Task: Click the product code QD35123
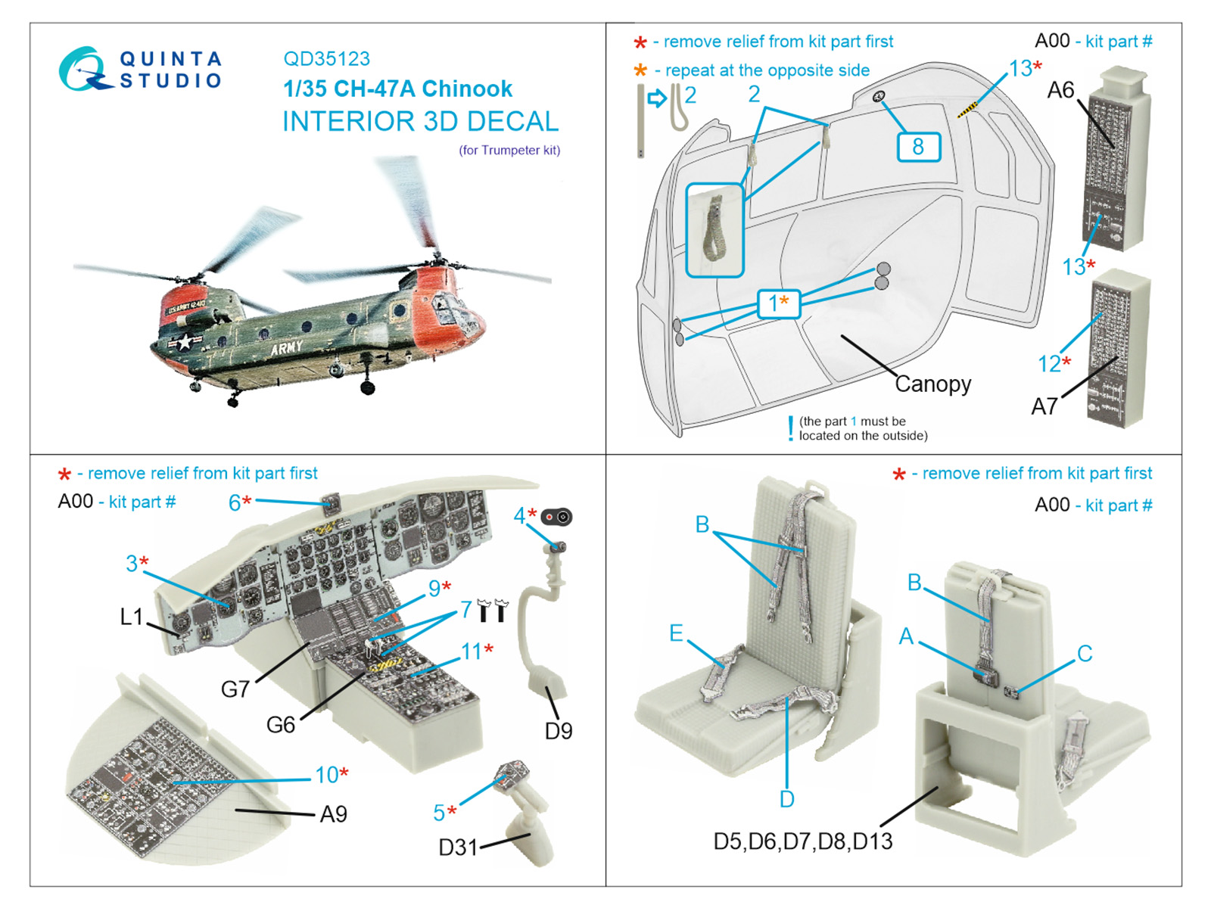click(326, 59)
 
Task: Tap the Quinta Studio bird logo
click(83, 69)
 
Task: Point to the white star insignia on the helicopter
click(184, 341)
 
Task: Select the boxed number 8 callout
click(918, 146)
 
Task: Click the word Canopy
click(932, 384)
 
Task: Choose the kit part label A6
click(1060, 91)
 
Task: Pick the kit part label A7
click(1044, 407)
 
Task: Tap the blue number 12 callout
click(1048, 364)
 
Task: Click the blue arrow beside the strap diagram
click(657, 98)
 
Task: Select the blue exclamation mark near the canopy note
click(790, 428)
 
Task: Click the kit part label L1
click(132, 617)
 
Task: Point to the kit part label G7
click(235, 689)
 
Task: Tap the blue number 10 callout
click(327, 775)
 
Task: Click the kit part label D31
click(458, 847)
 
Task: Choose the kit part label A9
click(333, 814)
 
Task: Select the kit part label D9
click(559, 731)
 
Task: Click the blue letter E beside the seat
click(676, 633)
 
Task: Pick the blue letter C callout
click(1085, 654)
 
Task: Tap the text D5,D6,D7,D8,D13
click(803, 841)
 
